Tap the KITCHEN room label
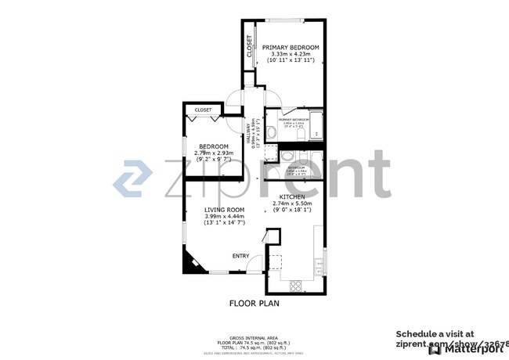click(x=282, y=196)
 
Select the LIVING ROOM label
click(x=225, y=210)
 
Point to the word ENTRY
click(x=240, y=256)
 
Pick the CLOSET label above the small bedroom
click(x=203, y=110)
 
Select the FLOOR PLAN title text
click(x=254, y=303)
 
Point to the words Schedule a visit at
click(x=435, y=333)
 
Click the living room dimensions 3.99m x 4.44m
click(x=225, y=217)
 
